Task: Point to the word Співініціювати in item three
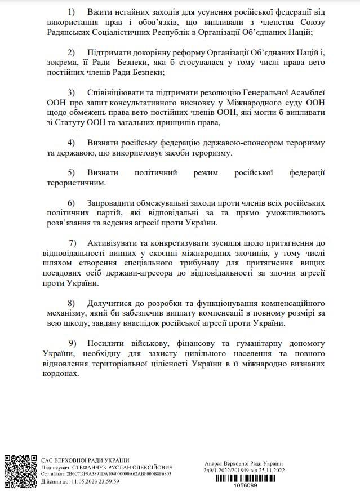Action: pos(117,92)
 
